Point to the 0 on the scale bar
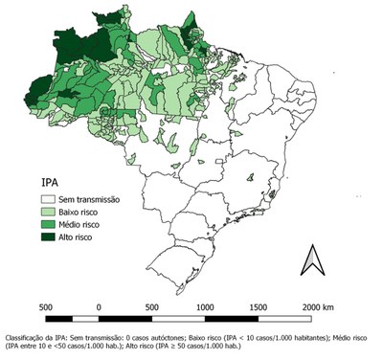pos(99,306)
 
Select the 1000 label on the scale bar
pos(205,306)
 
